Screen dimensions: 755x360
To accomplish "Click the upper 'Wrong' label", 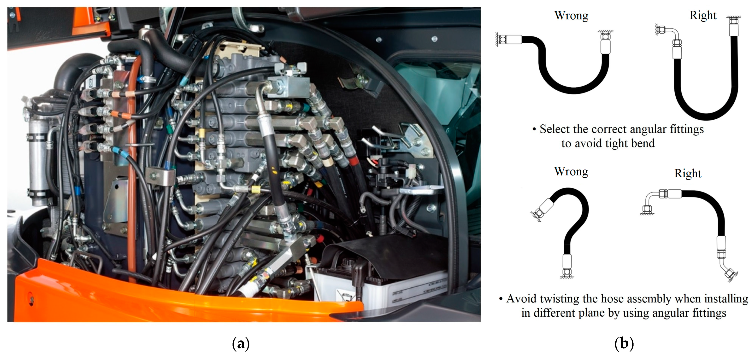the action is click(571, 16).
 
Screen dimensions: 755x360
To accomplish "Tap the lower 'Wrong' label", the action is click(571, 171).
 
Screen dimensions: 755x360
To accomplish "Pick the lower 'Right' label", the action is click(688, 174).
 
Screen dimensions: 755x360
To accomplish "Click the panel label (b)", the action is click(624, 343).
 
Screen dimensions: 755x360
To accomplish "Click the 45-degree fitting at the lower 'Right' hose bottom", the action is click(728, 271).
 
